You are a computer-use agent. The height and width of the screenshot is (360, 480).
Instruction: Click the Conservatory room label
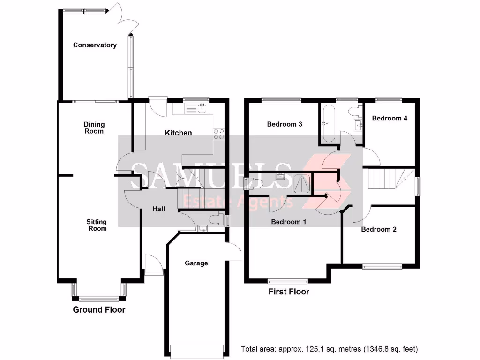click(x=95, y=45)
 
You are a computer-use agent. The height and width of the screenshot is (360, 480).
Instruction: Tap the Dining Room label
click(x=94, y=127)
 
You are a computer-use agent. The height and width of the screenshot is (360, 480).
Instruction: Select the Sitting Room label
click(x=97, y=225)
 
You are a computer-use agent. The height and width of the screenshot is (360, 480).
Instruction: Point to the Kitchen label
click(x=178, y=133)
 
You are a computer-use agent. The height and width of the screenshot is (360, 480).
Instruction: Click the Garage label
click(x=196, y=263)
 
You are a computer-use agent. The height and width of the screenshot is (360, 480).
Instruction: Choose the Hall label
click(x=159, y=209)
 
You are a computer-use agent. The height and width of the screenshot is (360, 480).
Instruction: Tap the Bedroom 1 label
click(x=289, y=222)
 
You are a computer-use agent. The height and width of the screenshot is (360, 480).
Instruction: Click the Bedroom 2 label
click(x=379, y=229)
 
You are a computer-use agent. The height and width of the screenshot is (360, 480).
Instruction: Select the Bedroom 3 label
click(x=285, y=124)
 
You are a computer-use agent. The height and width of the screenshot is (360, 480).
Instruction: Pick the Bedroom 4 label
click(x=390, y=118)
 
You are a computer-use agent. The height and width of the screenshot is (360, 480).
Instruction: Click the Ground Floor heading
click(x=99, y=309)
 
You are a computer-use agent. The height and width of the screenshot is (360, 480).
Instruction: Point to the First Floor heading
click(x=289, y=292)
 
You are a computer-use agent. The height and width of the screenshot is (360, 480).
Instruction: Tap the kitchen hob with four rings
click(x=219, y=134)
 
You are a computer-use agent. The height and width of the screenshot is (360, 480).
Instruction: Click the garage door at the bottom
click(x=197, y=351)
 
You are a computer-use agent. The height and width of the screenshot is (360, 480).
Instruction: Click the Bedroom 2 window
click(x=382, y=266)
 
